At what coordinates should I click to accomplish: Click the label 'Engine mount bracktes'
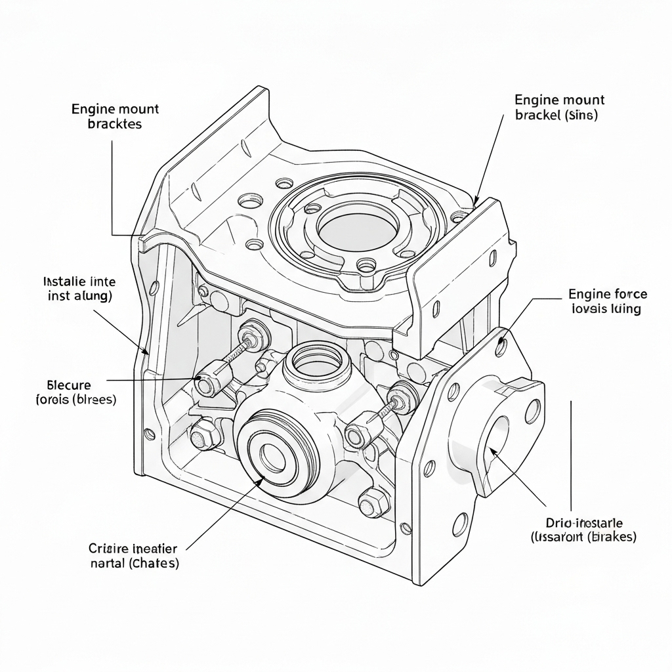tap(115, 116)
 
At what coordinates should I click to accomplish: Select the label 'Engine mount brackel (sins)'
tap(559, 108)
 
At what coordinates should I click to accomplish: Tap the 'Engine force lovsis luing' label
tap(608, 301)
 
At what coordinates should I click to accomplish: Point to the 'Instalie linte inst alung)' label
tap(79, 289)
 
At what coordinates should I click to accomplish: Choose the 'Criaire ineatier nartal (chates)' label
tap(134, 555)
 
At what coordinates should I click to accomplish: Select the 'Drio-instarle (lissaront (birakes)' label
tap(583, 530)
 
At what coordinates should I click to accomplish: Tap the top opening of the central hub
tap(317, 359)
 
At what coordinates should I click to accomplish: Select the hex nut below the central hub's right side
tap(373, 501)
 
